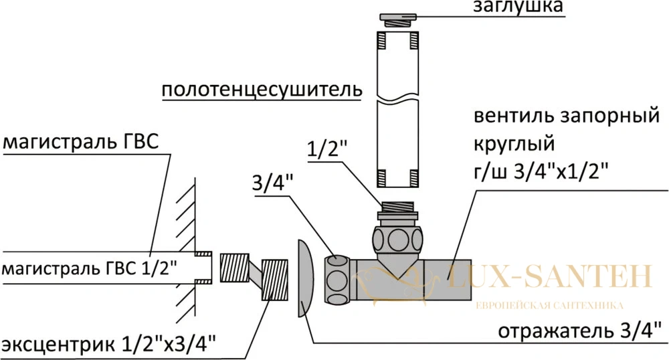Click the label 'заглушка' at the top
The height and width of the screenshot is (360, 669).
tap(518, 7)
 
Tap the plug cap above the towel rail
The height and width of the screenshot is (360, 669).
tap(397, 19)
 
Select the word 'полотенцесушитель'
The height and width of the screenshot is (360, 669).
tap(262, 90)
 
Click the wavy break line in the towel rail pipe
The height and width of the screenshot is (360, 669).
tap(397, 101)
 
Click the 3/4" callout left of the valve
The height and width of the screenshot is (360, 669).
tap(273, 184)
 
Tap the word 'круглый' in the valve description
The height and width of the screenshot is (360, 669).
tap(514, 145)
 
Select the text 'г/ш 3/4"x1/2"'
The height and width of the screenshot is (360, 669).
tap(541, 173)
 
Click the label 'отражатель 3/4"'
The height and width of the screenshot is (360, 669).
tap(580, 331)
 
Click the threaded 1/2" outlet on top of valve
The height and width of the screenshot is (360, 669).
tap(397, 207)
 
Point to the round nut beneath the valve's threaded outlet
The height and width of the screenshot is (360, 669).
tap(397, 239)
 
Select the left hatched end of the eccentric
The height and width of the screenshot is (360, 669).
tap(234, 268)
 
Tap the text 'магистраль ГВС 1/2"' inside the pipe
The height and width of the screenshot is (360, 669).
tap(89, 270)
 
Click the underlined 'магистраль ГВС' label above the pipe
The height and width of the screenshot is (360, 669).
tap(81, 143)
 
